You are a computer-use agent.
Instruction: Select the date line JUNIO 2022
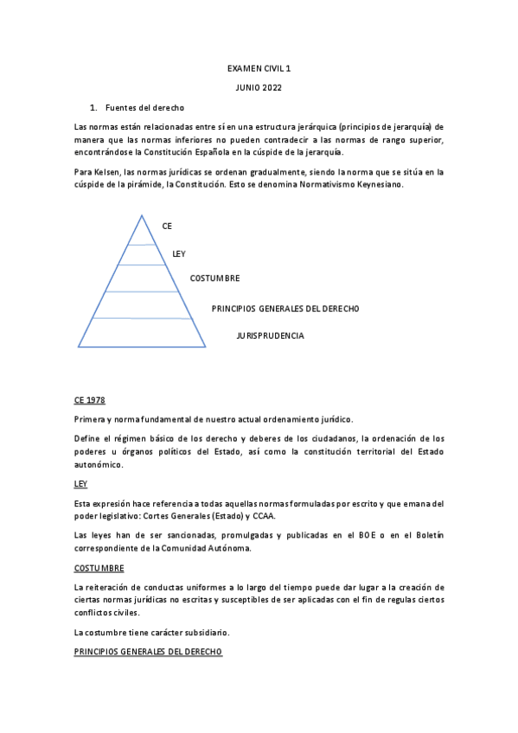coord(259,87)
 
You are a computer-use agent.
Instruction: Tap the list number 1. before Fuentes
coord(93,108)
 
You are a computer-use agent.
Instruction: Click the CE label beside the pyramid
coord(167,226)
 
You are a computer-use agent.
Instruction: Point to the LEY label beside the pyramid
coord(179,253)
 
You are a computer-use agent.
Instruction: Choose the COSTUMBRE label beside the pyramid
coord(214,278)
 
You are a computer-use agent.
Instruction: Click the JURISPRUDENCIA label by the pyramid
coord(270,335)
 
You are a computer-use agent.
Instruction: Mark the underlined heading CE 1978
coord(89,401)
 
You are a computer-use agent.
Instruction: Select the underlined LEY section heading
coord(81,484)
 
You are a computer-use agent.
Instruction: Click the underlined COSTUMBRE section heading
coord(99,568)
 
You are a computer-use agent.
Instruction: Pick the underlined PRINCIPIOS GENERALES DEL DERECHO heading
coord(149,651)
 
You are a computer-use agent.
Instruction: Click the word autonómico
coord(99,464)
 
